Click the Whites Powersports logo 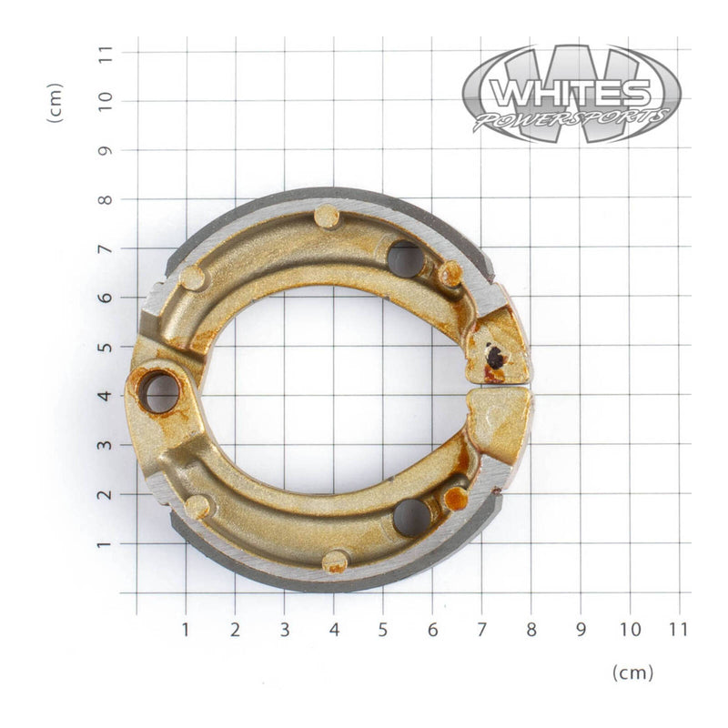click(x=571, y=94)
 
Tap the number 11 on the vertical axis click(x=106, y=52)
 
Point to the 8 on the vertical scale click(x=106, y=199)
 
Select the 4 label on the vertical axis click(x=106, y=396)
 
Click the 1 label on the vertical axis click(x=106, y=543)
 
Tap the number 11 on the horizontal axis click(x=679, y=629)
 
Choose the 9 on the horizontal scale click(x=581, y=629)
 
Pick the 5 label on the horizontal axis click(x=383, y=629)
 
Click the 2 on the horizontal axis click(x=235, y=629)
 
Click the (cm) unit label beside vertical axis click(x=56, y=103)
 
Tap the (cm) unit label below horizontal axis click(x=632, y=672)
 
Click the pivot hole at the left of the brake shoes click(x=161, y=392)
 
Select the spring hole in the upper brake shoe click(x=405, y=258)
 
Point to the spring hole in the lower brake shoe click(x=411, y=517)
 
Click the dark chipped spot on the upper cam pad click(x=495, y=358)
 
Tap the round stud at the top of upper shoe click(x=326, y=217)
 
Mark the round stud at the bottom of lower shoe click(x=336, y=561)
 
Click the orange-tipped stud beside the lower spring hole click(x=456, y=498)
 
